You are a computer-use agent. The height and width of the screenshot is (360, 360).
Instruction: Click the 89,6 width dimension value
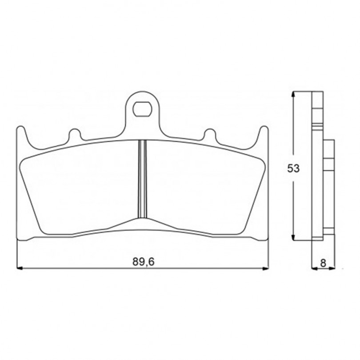click(144, 262)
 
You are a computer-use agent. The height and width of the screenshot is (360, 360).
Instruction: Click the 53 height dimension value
click(294, 169)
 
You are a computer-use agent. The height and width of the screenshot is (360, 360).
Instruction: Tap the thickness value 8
click(323, 263)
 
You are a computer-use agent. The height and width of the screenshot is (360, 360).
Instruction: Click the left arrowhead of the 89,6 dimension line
click(20, 268)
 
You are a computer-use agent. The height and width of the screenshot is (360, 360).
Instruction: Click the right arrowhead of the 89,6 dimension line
click(265, 268)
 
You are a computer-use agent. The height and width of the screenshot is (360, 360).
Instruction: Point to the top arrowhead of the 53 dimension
click(293, 94)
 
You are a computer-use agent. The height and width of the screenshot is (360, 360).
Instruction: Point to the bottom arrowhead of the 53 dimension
click(293, 238)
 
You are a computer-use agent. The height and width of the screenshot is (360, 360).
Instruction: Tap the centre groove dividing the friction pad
click(142, 179)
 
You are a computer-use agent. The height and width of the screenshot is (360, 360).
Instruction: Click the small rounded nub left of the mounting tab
click(75, 134)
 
